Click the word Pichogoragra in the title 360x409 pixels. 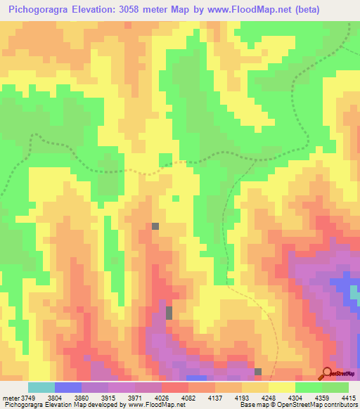pyautogui.click(x=39, y=9)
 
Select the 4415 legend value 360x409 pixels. pyautogui.click(x=349, y=397)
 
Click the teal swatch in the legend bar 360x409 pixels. pyautogui.click(x=41, y=387)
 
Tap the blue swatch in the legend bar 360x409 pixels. pyautogui.click(x=68, y=387)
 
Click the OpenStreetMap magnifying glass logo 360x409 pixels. pyautogui.click(x=328, y=373)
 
